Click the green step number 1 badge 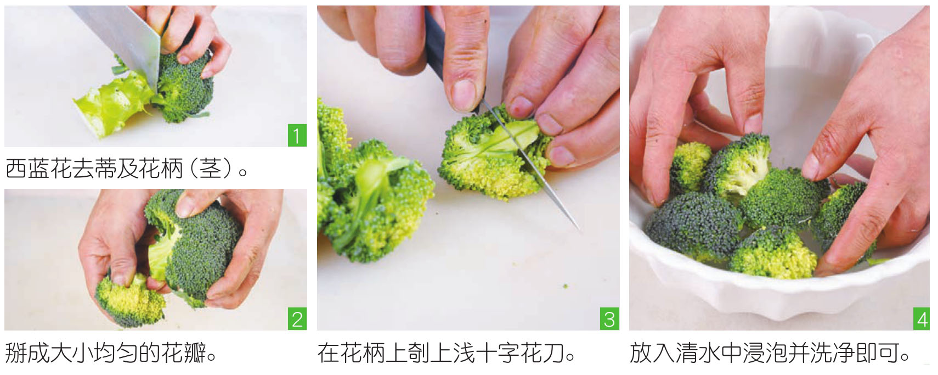(x=297, y=135)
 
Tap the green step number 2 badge (x=297, y=319)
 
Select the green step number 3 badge (x=609, y=319)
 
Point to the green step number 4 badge (x=921, y=319)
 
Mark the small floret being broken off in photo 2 (x=130, y=300)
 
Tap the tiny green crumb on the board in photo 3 (x=566, y=287)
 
